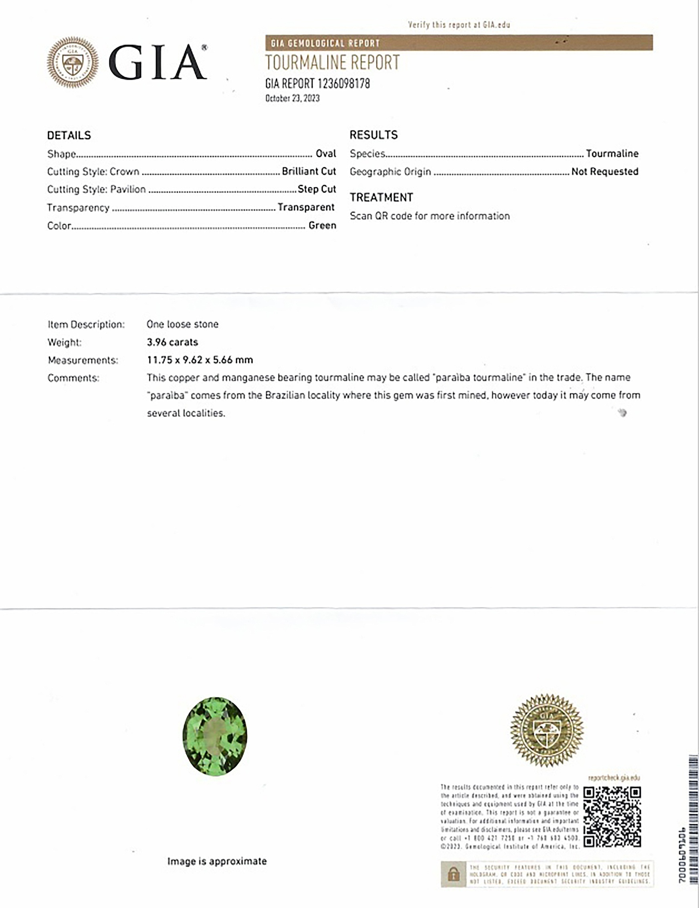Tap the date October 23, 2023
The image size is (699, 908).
click(x=292, y=98)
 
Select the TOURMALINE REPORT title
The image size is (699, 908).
click(x=332, y=63)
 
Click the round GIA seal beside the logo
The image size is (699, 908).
click(x=73, y=62)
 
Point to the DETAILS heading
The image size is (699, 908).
click(x=69, y=135)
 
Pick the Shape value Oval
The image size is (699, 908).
click(x=326, y=154)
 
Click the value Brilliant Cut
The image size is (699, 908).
click(x=309, y=171)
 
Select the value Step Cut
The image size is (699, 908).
click(x=317, y=189)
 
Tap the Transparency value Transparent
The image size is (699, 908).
click(x=306, y=207)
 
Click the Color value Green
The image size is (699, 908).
click(x=322, y=225)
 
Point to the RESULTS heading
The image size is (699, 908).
click(x=374, y=135)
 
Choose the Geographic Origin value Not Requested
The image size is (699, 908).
click(x=605, y=171)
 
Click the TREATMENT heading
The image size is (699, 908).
click(x=381, y=197)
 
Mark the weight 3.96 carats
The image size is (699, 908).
click(x=172, y=342)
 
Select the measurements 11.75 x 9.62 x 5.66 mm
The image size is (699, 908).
click(x=200, y=360)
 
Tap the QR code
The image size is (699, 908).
click(x=612, y=817)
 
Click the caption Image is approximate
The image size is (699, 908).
click(x=217, y=861)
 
